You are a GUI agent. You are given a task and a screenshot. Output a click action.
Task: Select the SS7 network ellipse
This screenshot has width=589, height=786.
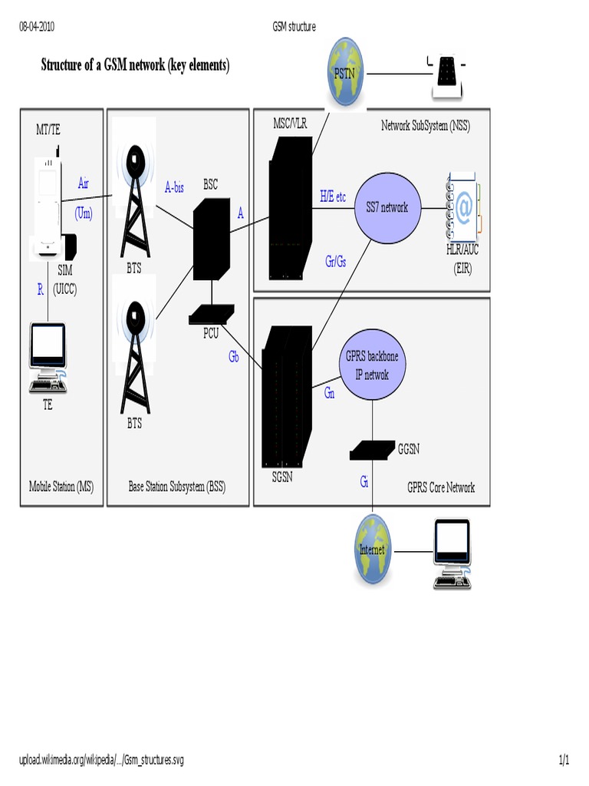pos(388,206)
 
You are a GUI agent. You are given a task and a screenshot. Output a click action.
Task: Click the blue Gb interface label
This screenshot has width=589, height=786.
pos(234,356)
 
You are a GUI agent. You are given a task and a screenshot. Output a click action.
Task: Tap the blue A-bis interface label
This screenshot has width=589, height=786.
pos(174,187)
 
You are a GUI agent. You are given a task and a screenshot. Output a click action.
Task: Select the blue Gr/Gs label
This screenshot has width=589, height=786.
pos(335,261)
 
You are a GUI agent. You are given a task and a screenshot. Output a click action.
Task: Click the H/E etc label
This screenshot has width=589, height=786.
pos(333,196)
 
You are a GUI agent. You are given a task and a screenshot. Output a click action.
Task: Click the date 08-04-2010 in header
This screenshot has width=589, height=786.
pos(36,27)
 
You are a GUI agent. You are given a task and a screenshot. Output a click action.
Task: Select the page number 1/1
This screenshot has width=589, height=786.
pos(564,761)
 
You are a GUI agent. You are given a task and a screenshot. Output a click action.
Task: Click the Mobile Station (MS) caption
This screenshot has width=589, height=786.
pos(61,487)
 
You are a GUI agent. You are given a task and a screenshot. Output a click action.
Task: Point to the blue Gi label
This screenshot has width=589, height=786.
pos(364,482)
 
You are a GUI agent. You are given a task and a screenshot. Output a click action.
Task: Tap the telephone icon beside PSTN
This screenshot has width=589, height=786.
pos(446,76)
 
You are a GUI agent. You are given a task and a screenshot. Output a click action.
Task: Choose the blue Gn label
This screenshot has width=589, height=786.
pos(329,393)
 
